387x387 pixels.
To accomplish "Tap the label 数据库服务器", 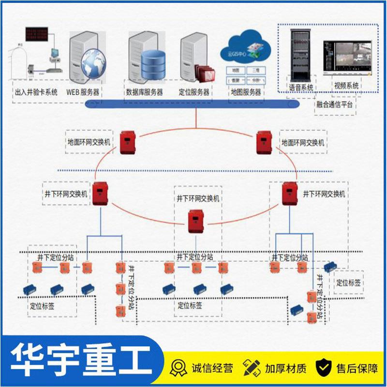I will coord(144,92).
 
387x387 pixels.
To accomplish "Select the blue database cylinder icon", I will coord(152,66).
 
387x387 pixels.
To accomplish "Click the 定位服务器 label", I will coord(194,92).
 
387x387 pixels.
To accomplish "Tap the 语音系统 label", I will coord(301,88).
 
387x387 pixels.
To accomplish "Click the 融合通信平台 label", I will coord(334,104).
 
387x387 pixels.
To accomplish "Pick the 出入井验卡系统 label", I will coord(36,92).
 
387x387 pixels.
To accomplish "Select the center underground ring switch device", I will coord(196,220).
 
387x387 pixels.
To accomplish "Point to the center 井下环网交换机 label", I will coord(198,198).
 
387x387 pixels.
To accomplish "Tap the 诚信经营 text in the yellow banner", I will coord(213,369).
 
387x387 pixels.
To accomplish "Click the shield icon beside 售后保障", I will coord(324,368).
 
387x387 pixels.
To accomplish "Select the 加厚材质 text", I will coord(285,369).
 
